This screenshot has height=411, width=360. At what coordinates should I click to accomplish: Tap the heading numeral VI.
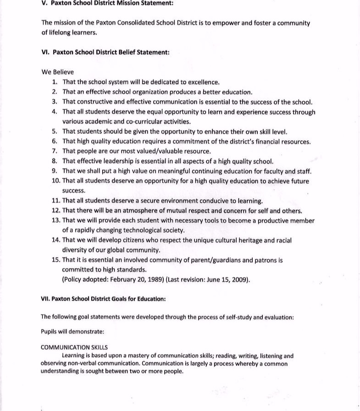(x=45, y=52)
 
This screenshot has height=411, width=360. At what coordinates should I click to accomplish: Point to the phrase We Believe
(x=57, y=72)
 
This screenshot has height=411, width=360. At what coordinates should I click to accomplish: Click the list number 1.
(x=55, y=82)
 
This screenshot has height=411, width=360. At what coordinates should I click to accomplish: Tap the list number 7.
(x=55, y=151)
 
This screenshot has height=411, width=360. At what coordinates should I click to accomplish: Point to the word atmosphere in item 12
(x=143, y=210)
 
